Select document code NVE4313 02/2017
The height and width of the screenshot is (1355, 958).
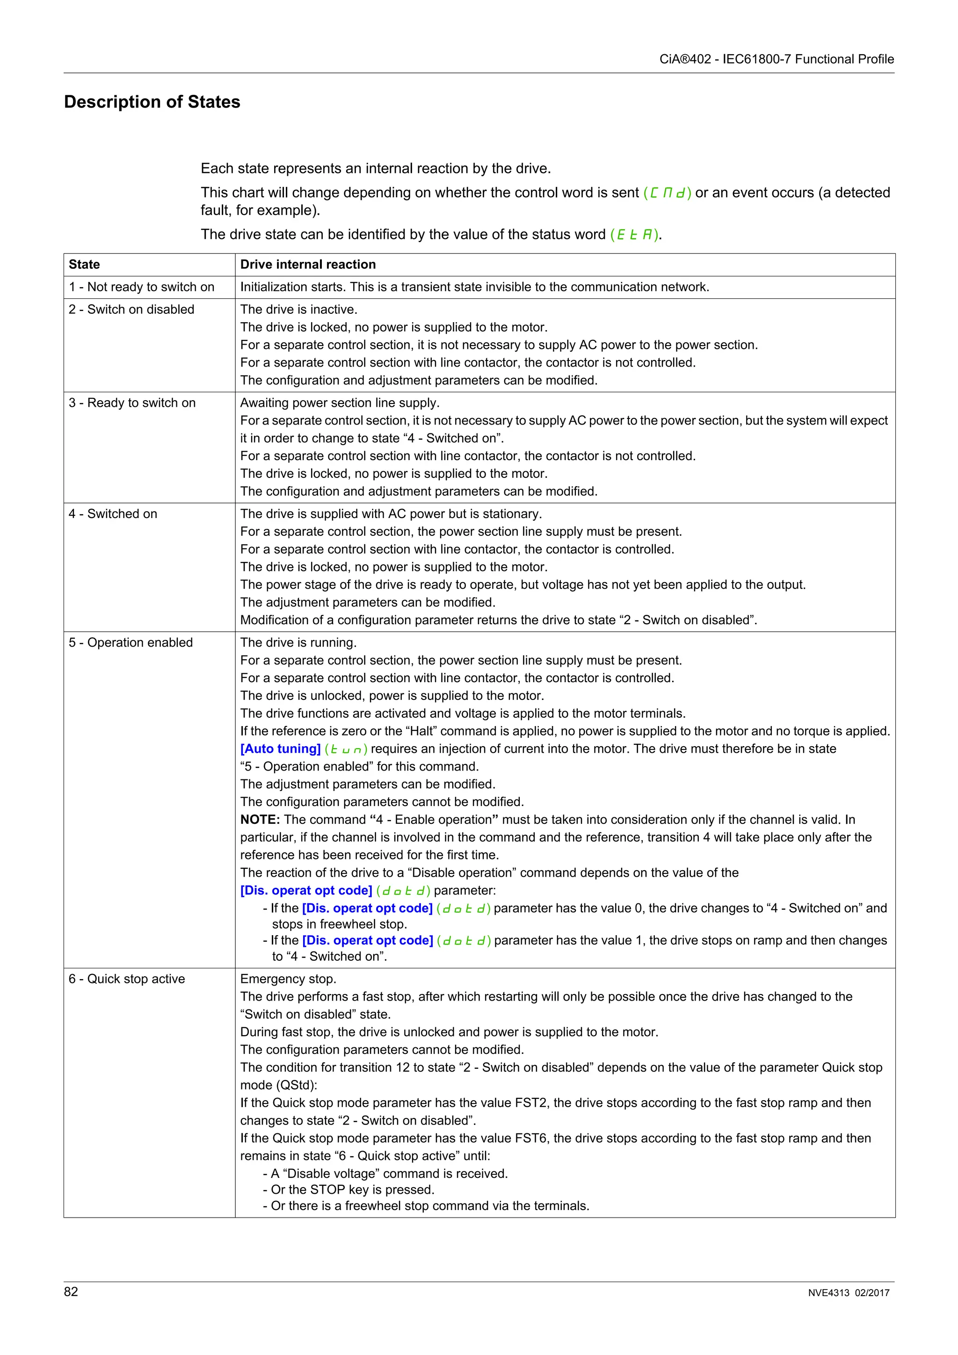coord(848,1292)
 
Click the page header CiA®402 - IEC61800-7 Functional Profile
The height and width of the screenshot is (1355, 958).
coord(776,59)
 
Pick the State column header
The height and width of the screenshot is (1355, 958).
coord(84,264)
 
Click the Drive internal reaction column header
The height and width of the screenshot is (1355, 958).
coord(307,264)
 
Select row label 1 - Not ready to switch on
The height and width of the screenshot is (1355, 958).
coord(142,287)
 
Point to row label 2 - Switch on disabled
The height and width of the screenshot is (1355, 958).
coord(131,309)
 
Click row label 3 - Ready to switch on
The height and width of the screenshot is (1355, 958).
coord(132,403)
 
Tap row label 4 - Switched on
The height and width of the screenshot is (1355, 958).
coord(113,513)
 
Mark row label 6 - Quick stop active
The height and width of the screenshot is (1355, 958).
coord(127,979)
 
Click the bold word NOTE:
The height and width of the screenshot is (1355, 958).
coord(260,819)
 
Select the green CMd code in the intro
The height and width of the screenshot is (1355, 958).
coord(667,193)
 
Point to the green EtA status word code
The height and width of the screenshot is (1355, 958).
coord(635,235)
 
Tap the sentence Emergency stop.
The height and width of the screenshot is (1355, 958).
coord(288,979)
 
